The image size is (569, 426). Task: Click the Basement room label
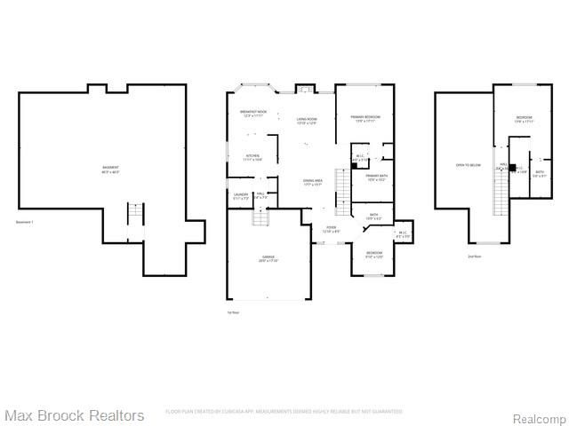pos(111,169)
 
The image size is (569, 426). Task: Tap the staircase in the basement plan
pos(135,216)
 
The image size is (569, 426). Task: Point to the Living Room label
pos(308,121)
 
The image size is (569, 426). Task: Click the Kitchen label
pos(252,158)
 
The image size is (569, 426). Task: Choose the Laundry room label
pos(240,195)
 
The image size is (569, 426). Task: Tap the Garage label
pos(268,259)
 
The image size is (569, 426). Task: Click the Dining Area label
pos(312,183)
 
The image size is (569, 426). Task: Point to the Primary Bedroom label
pos(360,119)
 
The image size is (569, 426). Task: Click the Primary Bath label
pos(376,177)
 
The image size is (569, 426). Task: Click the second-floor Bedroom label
pos(525,120)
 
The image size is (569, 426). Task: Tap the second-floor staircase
pos(501,192)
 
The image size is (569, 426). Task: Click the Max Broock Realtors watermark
pos(74,414)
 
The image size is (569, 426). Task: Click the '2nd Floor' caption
pos(475,256)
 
